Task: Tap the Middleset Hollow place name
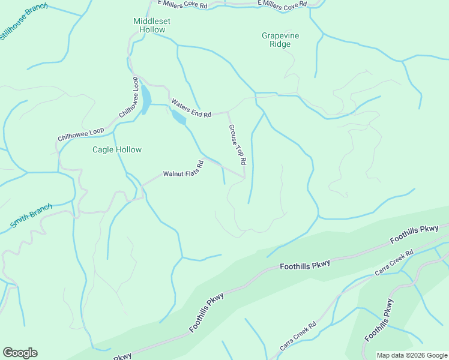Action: (152, 25)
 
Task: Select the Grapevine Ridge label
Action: (280, 40)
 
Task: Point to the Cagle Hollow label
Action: (116, 149)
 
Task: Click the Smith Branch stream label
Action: (31, 217)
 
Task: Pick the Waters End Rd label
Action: (191, 108)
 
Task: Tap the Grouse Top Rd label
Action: (237, 145)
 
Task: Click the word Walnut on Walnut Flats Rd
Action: (173, 174)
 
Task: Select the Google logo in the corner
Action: (20, 353)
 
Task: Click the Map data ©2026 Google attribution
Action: (411, 355)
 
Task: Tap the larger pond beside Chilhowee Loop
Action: (146, 100)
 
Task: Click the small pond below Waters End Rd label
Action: (179, 118)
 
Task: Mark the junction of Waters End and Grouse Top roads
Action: (227, 111)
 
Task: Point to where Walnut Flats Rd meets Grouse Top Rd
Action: (244, 177)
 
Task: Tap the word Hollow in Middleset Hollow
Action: (152, 29)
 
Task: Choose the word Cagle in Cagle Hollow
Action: (103, 149)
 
